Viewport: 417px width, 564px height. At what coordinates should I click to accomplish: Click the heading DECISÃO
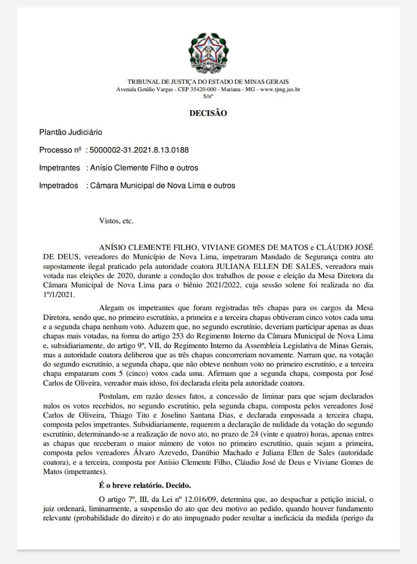click(x=208, y=113)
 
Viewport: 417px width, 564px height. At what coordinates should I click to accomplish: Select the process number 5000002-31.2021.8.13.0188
click(x=139, y=150)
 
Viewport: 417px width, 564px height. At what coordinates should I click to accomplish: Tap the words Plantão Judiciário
click(x=71, y=132)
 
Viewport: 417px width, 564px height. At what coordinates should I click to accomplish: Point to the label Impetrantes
click(x=60, y=168)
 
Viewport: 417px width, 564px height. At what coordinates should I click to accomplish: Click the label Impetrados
click(x=59, y=186)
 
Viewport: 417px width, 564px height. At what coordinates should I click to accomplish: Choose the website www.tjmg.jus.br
click(x=280, y=89)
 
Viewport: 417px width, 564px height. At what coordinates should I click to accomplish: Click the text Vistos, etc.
click(x=116, y=221)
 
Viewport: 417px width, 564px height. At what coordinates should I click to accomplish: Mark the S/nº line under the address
click(x=208, y=96)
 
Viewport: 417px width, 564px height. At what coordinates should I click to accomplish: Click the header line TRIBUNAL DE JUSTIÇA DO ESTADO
click(x=208, y=82)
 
